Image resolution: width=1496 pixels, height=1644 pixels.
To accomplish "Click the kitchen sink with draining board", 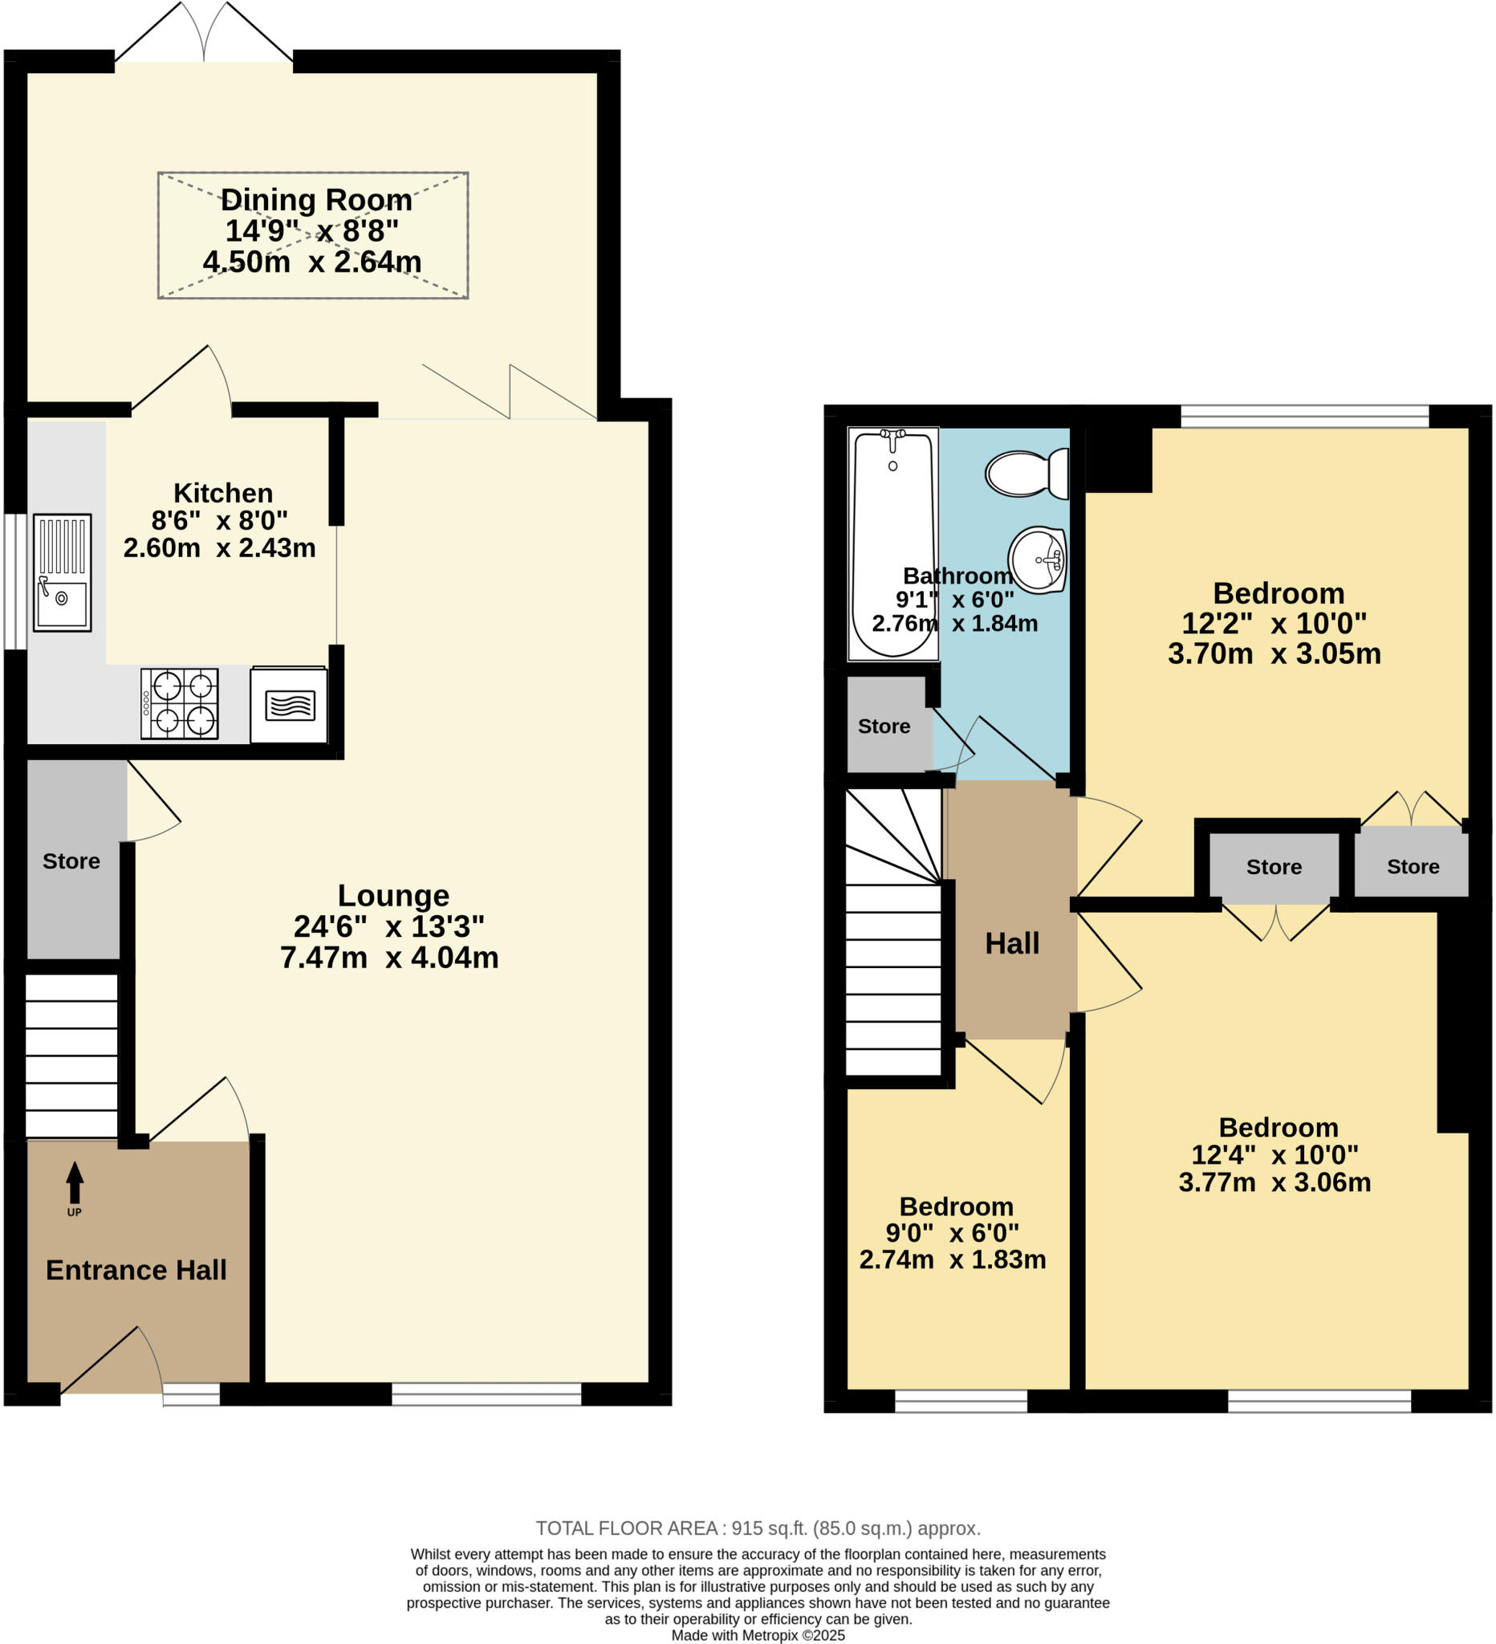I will pos(62,572).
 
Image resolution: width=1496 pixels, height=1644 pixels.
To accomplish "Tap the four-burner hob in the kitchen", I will pos(179,704).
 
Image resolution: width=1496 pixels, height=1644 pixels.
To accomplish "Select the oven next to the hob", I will pos(289,706).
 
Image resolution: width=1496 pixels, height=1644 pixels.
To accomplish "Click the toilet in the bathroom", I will pos(1026,473).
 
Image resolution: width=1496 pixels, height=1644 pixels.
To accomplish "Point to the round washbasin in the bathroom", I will pos(1037,560).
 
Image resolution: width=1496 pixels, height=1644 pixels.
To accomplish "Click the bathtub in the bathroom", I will pos(892,544).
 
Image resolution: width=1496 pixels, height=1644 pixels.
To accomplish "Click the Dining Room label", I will pos(316,200).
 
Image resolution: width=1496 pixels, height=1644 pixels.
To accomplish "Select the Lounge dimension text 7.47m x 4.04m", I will pos(389,958).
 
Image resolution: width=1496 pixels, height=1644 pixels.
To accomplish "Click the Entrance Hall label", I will pos(136,1270).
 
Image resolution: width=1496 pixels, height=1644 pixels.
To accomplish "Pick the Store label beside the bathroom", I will pos(884,726).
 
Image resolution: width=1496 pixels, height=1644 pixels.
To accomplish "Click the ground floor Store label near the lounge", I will pos(71,861).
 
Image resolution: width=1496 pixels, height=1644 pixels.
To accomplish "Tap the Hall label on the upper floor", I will pos(1012,943).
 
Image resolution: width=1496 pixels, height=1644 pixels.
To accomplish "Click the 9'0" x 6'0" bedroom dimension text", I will pos(952,1232).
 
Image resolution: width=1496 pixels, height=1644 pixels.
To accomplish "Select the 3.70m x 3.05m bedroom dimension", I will pos(1274,654).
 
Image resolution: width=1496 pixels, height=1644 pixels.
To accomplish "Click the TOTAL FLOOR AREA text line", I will pos(758,1528).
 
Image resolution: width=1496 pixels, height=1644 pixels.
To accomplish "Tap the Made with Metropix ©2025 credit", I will pos(758,1635).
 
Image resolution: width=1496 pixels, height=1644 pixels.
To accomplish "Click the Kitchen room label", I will pos(222,494).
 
